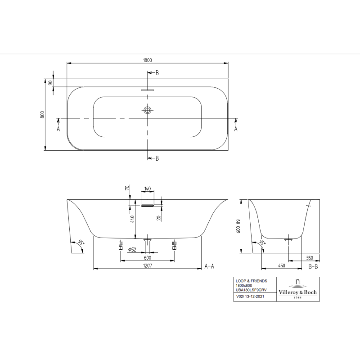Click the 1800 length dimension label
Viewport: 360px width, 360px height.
[x=148, y=60]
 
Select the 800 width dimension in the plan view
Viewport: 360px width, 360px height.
[x=42, y=115]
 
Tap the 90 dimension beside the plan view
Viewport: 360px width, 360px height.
[x=51, y=82]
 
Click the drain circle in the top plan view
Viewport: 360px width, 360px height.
[x=148, y=110]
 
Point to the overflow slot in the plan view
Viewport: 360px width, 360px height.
[x=148, y=90]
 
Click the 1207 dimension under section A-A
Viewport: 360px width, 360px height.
[x=148, y=265]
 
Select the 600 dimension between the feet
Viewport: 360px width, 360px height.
[x=148, y=257]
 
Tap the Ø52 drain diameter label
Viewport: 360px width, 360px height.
[x=132, y=250]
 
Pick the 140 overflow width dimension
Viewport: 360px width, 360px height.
[x=148, y=189]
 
